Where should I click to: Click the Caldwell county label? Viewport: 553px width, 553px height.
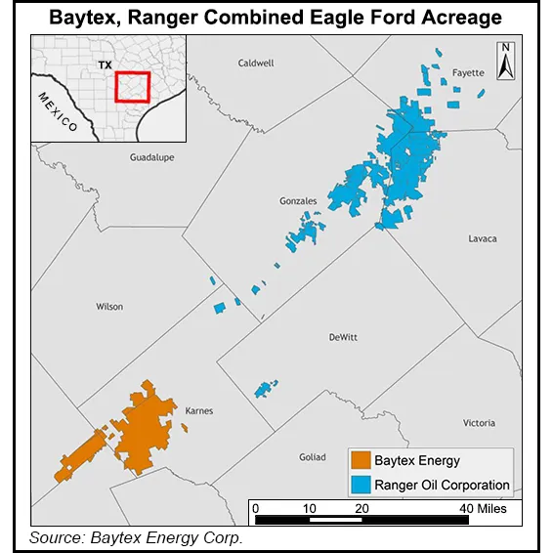[256, 63]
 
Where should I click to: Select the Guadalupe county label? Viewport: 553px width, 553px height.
[152, 156]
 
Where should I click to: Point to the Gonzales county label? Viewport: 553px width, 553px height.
[298, 201]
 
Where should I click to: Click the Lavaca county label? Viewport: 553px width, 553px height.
[482, 238]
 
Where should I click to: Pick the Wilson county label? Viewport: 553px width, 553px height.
[109, 307]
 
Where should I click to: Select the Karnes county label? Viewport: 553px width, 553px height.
[198, 410]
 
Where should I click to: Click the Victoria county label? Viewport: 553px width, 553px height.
[479, 423]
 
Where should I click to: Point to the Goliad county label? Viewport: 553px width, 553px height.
[313, 457]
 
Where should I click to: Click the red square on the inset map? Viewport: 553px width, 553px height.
[132, 86]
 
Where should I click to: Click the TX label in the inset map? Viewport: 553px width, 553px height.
[105, 65]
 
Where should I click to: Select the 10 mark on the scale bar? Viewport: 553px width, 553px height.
[309, 508]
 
